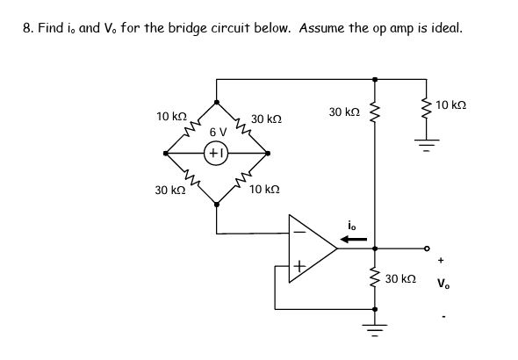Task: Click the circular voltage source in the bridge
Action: coord(217,153)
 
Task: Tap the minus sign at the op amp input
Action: coord(298,233)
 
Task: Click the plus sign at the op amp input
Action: coord(299,264)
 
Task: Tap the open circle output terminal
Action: coord(428,248)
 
